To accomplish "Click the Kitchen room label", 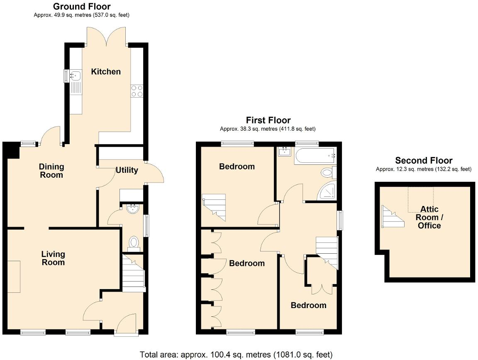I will click(x=106, y=71).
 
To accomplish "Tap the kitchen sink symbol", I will click(x=76, y=76).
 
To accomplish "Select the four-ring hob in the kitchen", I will click(x=137, y=91).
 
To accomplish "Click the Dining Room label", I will click(x=51, y=171).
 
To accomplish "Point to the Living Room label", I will click(x=53, y=258).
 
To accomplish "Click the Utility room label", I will click(x=127, y=170).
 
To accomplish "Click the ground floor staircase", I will click(x=134, y=272).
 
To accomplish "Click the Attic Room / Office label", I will click(x=429, y=217).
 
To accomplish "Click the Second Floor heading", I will click(x=424, y=161).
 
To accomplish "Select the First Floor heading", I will click(x=268, y=120).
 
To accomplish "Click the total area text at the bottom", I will click(x=236, y=355).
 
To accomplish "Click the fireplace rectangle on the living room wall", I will click(x=14, y=277).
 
